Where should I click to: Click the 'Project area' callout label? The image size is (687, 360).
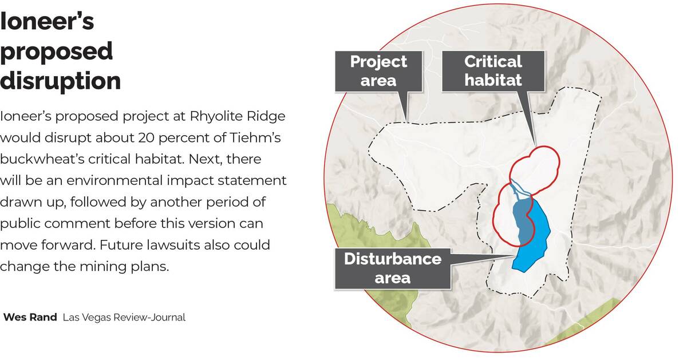tap(378, 70)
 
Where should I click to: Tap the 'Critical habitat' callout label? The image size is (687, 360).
tap(492, 70)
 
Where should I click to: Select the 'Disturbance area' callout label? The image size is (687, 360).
tap(392, 268)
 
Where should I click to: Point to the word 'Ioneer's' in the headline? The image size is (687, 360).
tap(47, 22)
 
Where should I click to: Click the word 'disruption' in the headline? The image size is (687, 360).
tap(60, 81)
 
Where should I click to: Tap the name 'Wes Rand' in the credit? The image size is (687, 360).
tap(30, 317)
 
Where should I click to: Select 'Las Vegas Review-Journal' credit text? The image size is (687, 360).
tap(124, 317)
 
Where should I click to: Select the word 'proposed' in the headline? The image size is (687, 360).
tap(56, 52)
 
